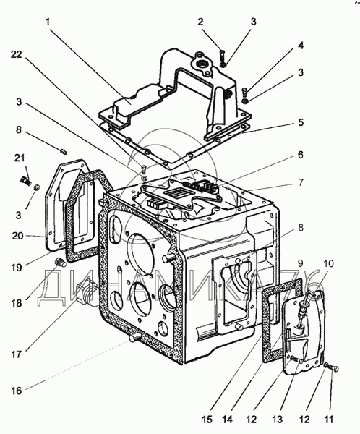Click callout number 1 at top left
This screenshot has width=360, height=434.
coord(48,22)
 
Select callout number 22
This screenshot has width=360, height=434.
coord(16,54)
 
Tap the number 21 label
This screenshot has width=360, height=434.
coord(20,158)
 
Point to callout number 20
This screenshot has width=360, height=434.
coord(18,236)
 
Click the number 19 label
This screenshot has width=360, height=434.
coord(17,268)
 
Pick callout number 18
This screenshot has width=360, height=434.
coord(17,303)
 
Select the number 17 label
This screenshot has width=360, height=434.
coord(17,354)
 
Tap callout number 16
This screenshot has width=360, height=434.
coord(17,391)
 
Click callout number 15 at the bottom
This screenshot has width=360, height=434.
coord(207,420)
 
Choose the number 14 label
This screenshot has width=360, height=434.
coord(227,420)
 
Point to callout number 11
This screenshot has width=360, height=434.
coord(328,420)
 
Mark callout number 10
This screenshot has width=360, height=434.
coord(328,264)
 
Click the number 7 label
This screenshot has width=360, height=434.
coord(301,183)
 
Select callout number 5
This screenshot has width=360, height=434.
coord(301,122)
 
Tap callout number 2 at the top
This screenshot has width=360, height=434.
coord(200,22)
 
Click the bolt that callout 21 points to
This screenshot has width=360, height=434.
coord(26,181)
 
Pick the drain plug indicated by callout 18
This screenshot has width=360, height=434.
coord(61,262)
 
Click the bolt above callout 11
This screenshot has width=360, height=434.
coord(333,368)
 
